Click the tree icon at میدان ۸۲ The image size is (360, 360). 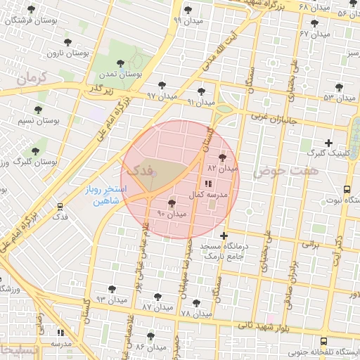(224, 157)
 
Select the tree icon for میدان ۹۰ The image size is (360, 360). (173, 203)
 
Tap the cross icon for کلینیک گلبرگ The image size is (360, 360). (328, 143)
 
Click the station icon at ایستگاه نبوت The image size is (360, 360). (347, 189)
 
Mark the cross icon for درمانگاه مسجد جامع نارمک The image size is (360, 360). (224, 236)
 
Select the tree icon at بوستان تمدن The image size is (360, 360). (124, 64)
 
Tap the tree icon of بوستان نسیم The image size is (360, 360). (38, 110)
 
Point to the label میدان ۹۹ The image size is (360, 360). (187, 20)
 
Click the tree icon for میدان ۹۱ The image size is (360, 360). (202, 91)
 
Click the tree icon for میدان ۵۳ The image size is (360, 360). (339, 87)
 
